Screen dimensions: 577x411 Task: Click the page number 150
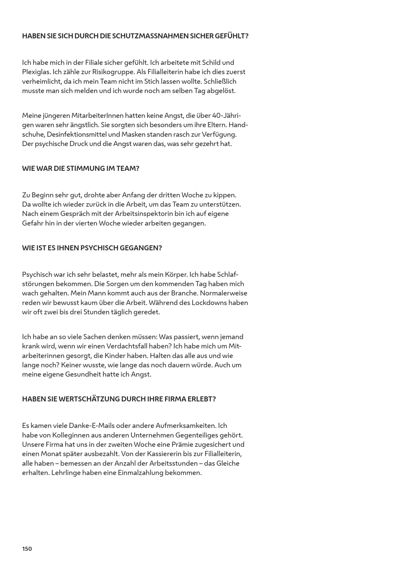pyautogui.click(x=27, y=549)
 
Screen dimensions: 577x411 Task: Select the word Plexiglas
pyautogui.click(x=36, y=72)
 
